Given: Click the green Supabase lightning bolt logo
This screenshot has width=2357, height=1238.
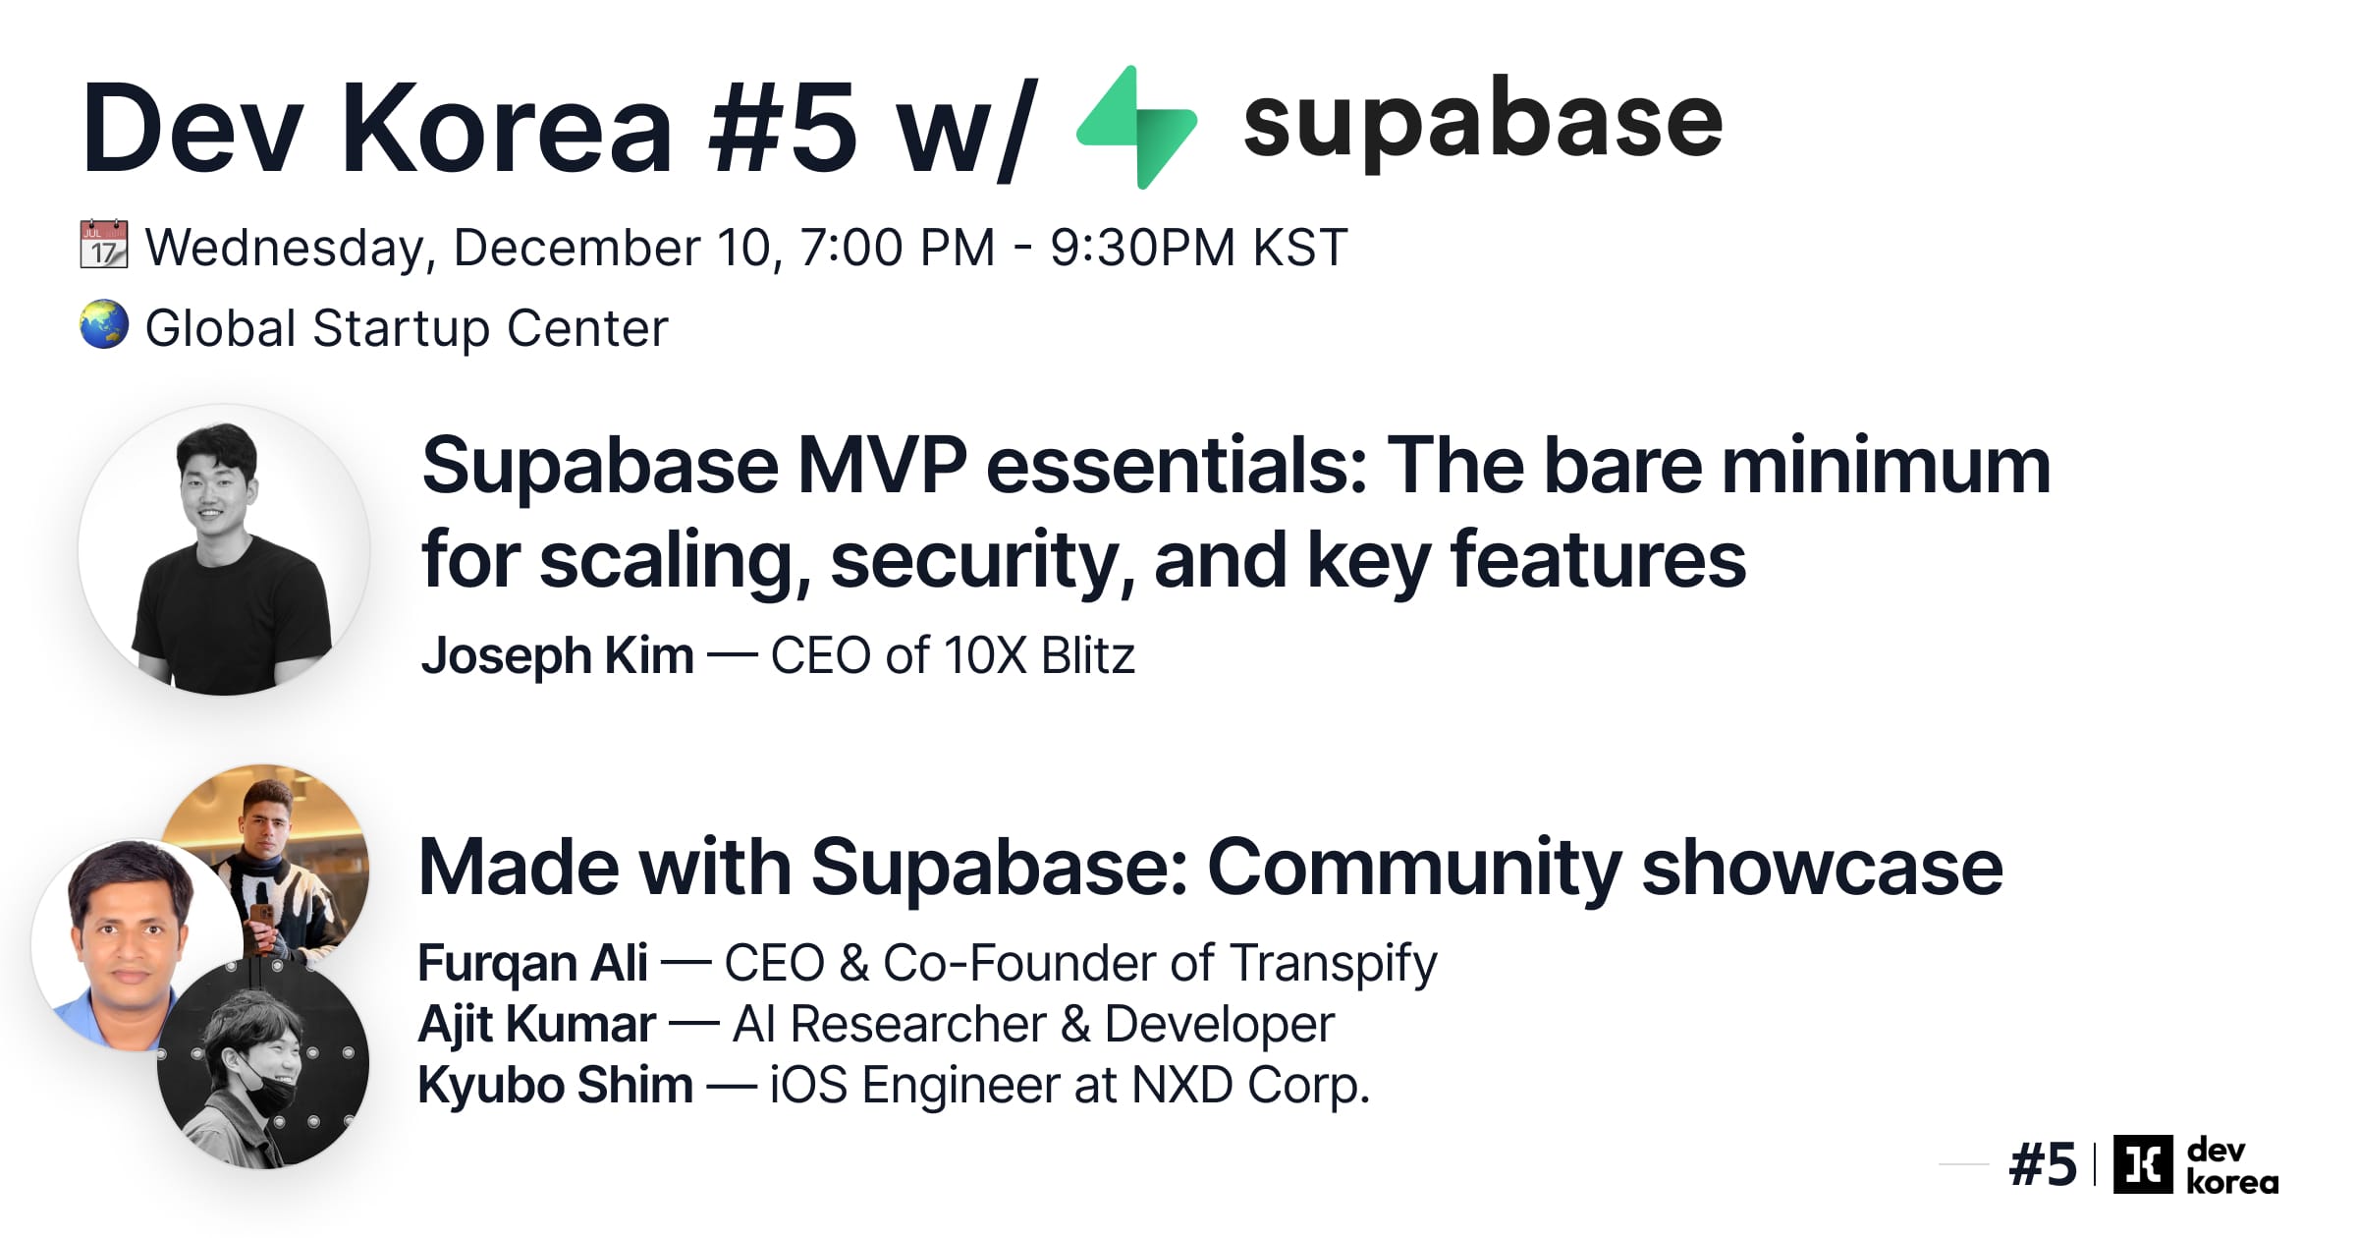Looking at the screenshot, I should coord(1137,128).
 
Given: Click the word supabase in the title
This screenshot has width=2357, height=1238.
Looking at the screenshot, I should coord(1482,121).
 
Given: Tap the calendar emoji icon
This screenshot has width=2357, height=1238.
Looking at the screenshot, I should coord(103,245).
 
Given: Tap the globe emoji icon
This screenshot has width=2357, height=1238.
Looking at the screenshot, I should coord(104,325).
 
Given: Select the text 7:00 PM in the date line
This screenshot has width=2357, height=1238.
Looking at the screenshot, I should coord(897,248).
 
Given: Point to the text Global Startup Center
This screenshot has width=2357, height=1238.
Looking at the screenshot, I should coord(407,328).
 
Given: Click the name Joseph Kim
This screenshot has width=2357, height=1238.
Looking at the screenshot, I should coord(557,655).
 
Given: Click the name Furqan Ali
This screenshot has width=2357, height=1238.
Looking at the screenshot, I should coord(532,963).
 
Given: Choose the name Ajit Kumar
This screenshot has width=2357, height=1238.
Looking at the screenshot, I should coord(536,1024).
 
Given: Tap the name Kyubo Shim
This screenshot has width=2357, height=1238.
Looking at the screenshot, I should coord(555,1086).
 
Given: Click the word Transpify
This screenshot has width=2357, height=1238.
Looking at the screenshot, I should coord(1333,963).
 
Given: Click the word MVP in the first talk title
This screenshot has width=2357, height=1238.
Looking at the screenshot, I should coord(881,466).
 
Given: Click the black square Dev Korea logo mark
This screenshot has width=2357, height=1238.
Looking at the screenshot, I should coord(2142,1164).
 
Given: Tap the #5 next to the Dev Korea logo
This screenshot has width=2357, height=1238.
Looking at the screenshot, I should coord(2043,1165).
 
